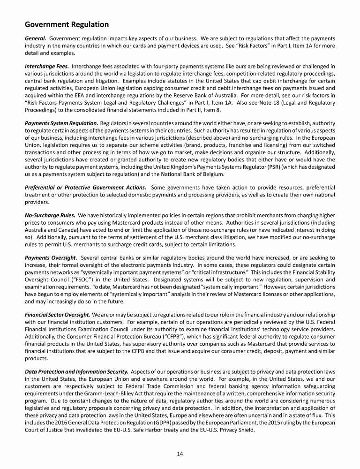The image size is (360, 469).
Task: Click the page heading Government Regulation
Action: click(x=67, y=24)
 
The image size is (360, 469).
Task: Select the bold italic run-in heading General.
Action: click(x=35, y=38)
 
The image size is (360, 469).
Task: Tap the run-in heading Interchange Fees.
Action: click(x=46, y=67)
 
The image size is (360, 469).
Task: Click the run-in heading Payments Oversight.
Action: click(x=51, y=257)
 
